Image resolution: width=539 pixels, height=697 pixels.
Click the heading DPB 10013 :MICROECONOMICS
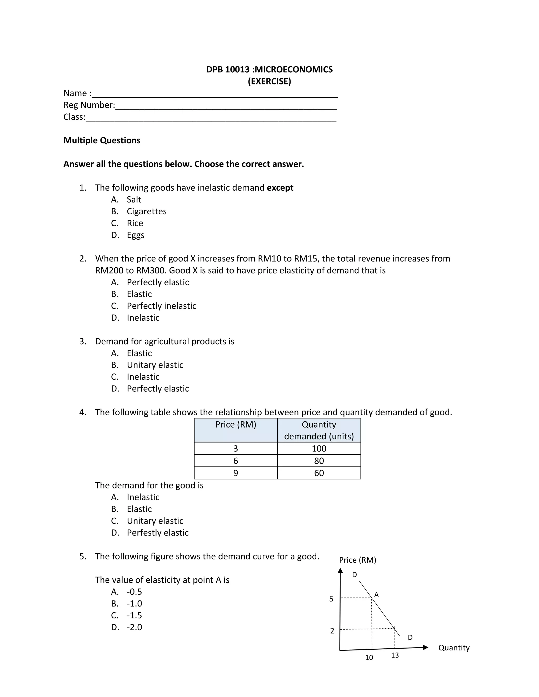click(269, 70)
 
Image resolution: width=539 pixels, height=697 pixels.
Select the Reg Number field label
click(89, 105)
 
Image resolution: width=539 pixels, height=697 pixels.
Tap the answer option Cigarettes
click(147, 211)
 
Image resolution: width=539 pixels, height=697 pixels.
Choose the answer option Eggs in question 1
click(135, 235)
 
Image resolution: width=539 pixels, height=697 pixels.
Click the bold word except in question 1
click(280, 188)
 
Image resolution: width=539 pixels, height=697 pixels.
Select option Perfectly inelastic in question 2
click(161, 306)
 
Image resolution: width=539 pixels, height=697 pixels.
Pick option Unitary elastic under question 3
click(155, 365)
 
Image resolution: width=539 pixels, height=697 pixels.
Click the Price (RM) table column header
click(236, 425)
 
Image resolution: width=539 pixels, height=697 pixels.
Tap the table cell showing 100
click(319, 449)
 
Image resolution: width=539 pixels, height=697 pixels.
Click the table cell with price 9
click(236, 473)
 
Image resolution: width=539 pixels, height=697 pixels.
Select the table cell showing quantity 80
click(319, 461)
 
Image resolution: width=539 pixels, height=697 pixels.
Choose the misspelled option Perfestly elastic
click(157, 533)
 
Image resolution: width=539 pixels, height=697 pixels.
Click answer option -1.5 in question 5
click(134, 615)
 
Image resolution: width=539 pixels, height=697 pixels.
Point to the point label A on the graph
click(376, 595)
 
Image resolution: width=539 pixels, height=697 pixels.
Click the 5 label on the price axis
click(331, 599)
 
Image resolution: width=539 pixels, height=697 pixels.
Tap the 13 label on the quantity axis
click(395, 655)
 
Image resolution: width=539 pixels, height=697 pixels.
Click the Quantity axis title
click(454, 648)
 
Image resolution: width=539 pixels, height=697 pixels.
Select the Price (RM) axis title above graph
click(357, 560)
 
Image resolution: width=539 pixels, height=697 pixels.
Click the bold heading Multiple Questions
click(102, 140)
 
